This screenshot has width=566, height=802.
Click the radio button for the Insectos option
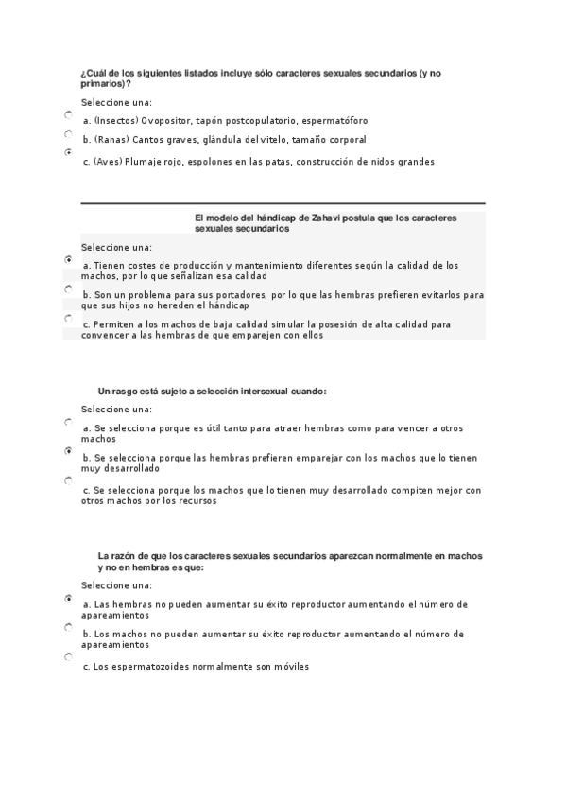69,114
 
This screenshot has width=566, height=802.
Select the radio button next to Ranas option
69,134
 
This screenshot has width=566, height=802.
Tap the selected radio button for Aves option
69,152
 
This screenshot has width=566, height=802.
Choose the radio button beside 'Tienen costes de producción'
69,258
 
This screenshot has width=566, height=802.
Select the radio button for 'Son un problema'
69,288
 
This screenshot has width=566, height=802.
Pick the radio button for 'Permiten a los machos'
69,319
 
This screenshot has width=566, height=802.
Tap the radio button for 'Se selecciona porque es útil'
69,422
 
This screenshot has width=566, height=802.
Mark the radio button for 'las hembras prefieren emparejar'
69,451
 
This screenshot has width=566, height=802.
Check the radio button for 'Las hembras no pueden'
69,599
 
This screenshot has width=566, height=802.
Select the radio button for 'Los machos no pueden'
69,627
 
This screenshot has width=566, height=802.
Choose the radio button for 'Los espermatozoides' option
69,656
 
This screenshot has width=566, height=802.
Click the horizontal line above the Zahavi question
283,203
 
